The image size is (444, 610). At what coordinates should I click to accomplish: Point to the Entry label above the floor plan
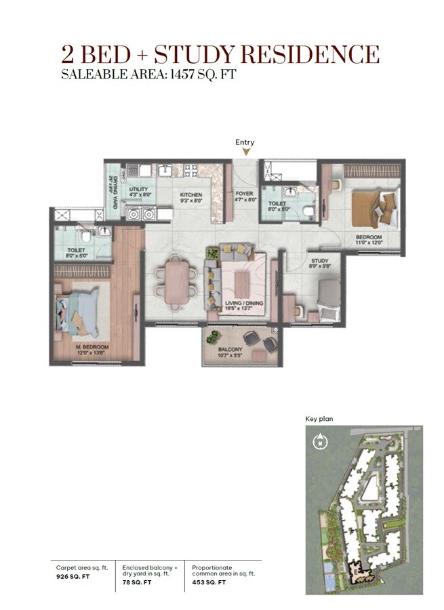(x=245, y=142)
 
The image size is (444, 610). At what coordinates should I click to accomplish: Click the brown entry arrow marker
(x=245, y=152)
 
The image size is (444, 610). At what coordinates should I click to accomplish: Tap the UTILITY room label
(x=138, y=192)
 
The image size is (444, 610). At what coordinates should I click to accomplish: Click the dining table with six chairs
(x=179, y=279)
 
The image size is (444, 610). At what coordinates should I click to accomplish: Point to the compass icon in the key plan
(x=317, y=443)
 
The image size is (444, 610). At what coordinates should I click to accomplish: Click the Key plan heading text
(x=319, y=420)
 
